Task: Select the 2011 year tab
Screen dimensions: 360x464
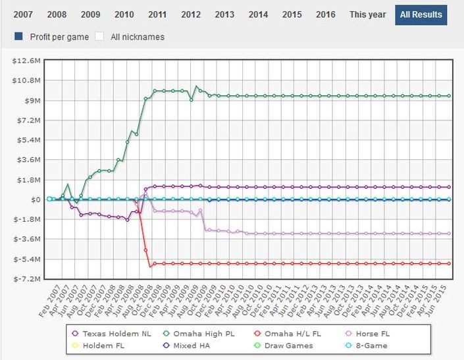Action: (157, 14)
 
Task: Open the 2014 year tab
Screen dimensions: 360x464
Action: (258, 14)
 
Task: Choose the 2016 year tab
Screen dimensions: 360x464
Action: (325, 14)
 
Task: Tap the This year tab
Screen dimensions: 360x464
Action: (367, 14)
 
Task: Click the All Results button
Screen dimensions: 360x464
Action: (421, 14)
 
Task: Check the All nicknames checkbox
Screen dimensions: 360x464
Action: (101, 37)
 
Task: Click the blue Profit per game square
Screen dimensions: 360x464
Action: (18, 37)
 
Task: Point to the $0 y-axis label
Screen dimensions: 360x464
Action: (38, 199)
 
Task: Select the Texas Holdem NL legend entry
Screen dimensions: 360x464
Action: (113, 334)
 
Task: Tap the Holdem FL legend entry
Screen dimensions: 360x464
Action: (105, 346)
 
